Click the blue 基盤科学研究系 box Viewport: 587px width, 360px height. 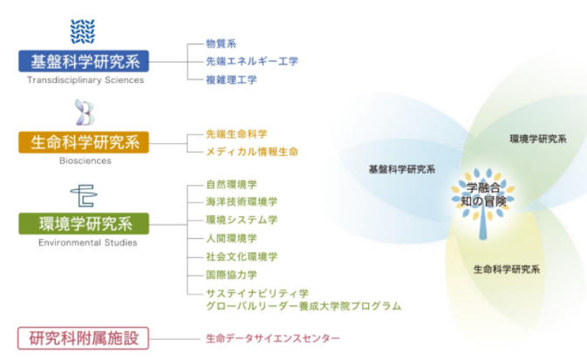click(83, 61)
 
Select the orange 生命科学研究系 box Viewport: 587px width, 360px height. click(83, 142)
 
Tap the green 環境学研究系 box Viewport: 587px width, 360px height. click(83, 223)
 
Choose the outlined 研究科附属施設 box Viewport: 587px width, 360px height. click(83, 337)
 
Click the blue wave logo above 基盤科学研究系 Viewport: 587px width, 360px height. click(84, 31)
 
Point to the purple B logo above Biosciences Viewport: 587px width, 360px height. click(85, 112)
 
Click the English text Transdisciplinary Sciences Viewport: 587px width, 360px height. click(85, 80)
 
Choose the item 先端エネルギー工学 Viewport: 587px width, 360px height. click(252, 61)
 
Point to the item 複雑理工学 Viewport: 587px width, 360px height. click(231, 79)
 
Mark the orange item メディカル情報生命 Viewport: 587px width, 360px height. click(252, 152)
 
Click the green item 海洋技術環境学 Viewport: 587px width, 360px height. click(242, 201)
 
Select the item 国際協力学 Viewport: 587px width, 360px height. click(231, 275)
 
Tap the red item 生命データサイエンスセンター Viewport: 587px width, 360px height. click(272, 337)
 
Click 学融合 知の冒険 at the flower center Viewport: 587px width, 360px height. click(485, 195)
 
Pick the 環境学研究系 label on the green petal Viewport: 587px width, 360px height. click(538, 139)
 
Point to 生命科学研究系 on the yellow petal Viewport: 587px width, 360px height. click(508, 269)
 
